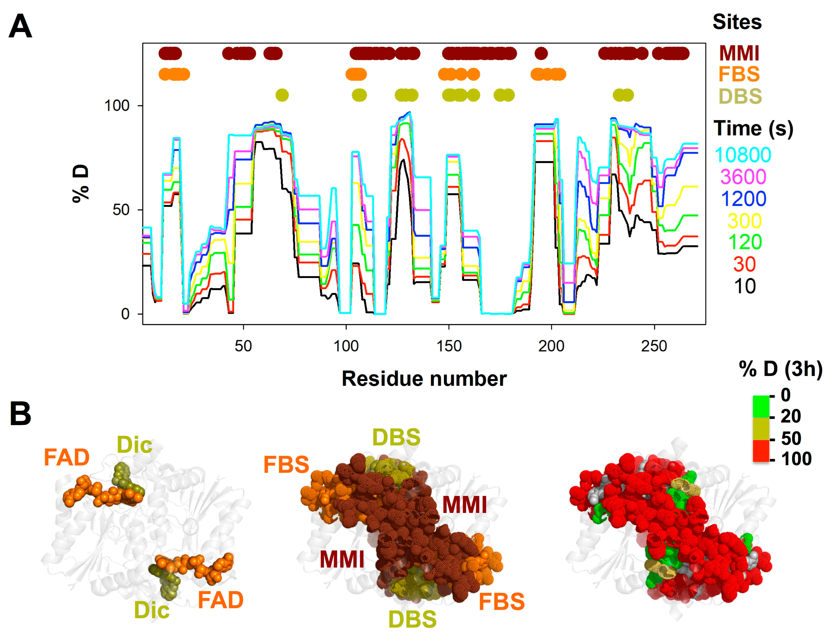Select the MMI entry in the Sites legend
point(739,53)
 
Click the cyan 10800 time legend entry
point(743,155)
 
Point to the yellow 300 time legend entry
point(744,221)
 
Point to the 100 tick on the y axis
point(117,105)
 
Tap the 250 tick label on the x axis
point(654,346)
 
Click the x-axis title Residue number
point(424,379)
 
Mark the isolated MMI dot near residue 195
point(541,53)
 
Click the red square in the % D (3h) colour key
point(761,451)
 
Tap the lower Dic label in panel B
point(151,610)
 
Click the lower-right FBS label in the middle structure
point(502,602)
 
